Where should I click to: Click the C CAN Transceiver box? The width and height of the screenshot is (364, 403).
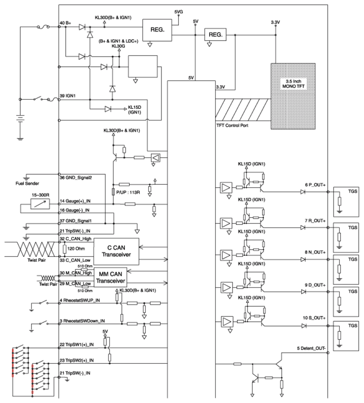[x=116, y=252]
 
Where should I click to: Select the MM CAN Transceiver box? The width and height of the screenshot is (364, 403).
[x=111, y=277]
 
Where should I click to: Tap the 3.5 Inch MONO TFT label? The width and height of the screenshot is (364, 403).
[x=293, y=84]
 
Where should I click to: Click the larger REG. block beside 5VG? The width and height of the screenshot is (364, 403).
[x=157, y=30]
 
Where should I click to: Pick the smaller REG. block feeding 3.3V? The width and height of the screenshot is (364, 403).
[x=215, y=34]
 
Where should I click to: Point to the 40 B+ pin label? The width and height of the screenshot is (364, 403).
[x=65, y=23]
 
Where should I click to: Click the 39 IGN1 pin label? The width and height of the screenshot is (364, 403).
[x=68, y=96]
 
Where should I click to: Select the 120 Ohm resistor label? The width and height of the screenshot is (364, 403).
[x=76, y=249]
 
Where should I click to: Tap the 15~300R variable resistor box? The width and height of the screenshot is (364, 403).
[x=40, y=204]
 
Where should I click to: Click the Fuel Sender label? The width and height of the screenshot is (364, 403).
[x=27, y=183]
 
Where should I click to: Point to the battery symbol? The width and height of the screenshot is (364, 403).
[x=20, y=119]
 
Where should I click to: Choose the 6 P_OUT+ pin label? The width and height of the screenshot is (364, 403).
[x=315, y=185]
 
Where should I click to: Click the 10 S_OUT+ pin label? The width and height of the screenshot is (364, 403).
[x=314, y=318]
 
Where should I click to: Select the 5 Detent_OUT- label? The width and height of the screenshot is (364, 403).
[x=311, y=348]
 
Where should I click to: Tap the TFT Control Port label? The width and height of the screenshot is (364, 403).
[x=232, y=125]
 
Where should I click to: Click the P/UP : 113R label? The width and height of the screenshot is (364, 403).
[x=128, y=192]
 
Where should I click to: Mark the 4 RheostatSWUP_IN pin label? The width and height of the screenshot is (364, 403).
[x=80, y=300]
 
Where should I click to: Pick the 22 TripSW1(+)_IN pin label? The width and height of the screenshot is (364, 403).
[x=76, y=344]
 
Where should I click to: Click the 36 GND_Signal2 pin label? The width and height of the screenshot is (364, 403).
[x=76, y=178]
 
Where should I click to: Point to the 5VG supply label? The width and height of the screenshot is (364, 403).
[x=178, y=12]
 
